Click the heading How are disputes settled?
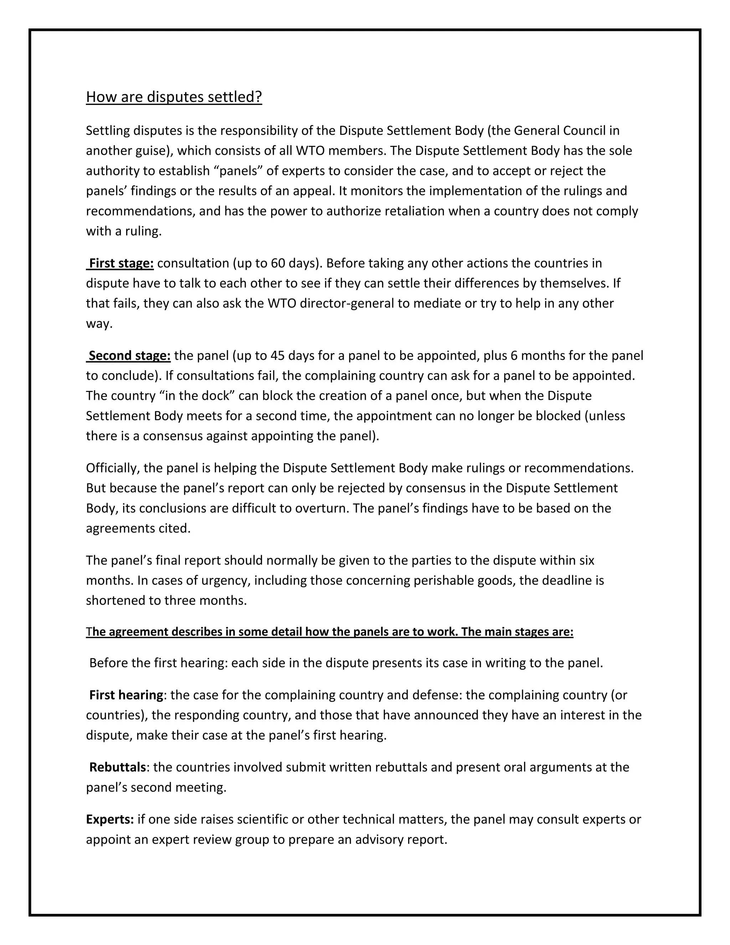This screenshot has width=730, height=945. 174,97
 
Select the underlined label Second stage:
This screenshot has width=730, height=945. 129,355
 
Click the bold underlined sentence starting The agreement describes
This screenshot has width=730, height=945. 330,632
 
